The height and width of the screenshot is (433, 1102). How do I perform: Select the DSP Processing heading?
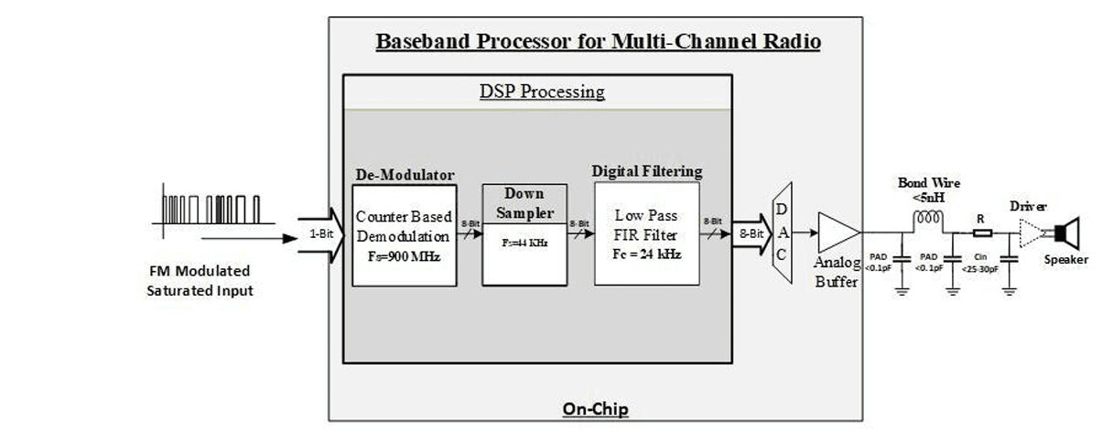point(542,92)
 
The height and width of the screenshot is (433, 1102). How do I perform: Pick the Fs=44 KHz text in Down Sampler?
point(524,246)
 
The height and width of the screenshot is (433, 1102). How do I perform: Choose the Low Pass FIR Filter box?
point(646,233)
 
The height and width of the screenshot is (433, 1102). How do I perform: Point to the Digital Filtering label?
point(647,170)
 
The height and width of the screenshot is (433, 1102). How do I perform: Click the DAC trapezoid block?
point(783,233)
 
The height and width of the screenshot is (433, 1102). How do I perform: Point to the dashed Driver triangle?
point(1032,233)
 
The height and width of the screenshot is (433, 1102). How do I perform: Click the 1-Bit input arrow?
point(317,234)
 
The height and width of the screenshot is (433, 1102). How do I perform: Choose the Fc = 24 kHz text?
point(646,253)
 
